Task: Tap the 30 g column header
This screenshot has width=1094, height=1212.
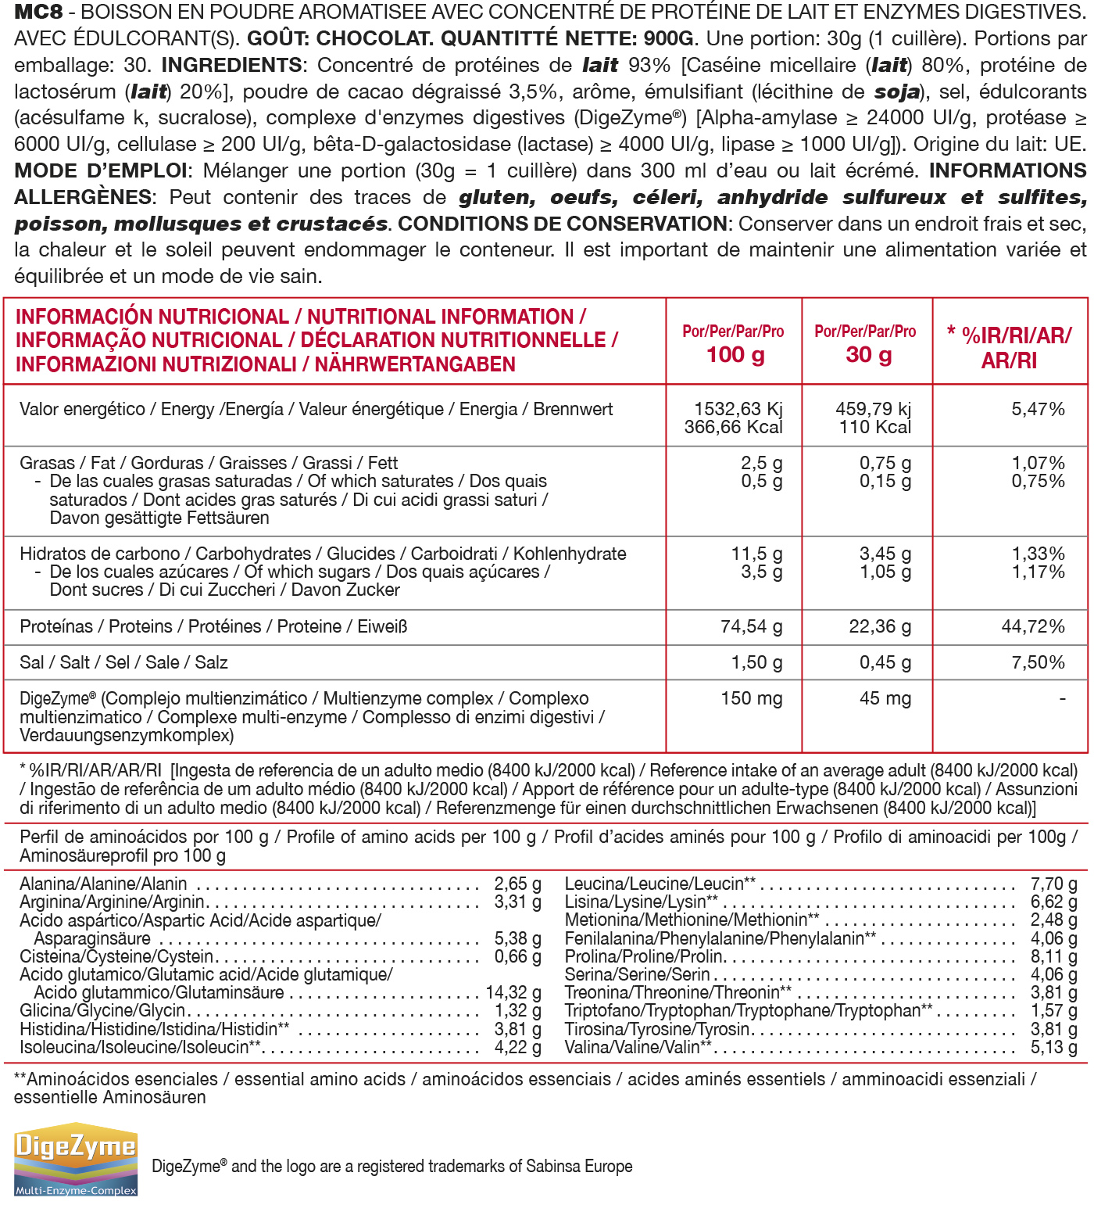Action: (x=867, y=354)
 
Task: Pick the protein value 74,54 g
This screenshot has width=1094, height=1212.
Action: (x=751, y=626)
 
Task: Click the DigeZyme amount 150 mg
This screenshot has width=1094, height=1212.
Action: (x=751, y=698)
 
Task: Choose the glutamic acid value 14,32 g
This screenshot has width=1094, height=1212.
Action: (x=513, y=992)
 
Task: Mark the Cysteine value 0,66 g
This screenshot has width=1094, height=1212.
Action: (x=517, y=956)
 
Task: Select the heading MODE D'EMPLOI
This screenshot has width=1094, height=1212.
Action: (x=101, y=170)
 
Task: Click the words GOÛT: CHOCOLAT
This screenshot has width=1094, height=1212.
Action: (x=339, y=38)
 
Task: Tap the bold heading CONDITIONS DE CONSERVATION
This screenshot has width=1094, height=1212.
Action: (x=563, y=224)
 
